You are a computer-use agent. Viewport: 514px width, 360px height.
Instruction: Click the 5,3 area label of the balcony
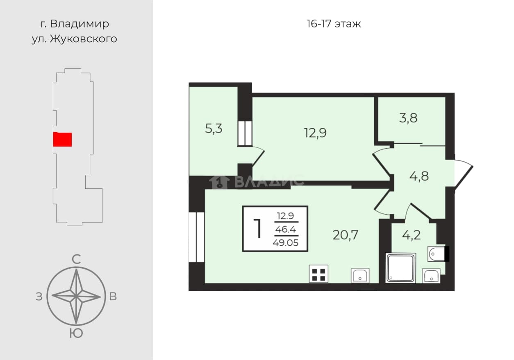(x=214, y=129)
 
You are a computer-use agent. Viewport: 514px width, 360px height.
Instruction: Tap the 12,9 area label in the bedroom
(x=315, y=133)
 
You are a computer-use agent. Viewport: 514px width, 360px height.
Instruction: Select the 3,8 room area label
(x=408, y=118)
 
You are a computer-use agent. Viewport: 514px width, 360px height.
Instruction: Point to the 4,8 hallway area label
(x=419, y=177)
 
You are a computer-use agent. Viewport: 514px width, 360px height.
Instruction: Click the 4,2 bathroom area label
(x=412, y=235)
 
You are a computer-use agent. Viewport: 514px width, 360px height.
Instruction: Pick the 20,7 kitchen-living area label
(x=346, y=235)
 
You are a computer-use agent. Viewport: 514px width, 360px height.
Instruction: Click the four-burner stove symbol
(x=318, y=274)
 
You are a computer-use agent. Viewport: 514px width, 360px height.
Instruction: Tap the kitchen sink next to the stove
(x=360, y=275)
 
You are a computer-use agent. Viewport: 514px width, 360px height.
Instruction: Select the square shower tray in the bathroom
(x=400, y=268)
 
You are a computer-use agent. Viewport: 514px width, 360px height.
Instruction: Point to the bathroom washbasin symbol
(x=431, y=276)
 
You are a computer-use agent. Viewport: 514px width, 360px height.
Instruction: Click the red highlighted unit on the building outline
(x=62, y=139)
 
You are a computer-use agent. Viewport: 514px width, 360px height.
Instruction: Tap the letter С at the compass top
(x=76, y=259)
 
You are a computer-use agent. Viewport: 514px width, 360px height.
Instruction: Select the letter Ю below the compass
(x=76, y=333)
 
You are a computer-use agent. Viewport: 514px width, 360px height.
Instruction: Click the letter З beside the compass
(x=39, y=297)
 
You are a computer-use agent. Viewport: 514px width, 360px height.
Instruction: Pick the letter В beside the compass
(x=113, y=297)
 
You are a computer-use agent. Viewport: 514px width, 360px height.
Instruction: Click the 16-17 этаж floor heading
(x=334, y=24)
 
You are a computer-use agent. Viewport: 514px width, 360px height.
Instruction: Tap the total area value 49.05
(x=285, y=242)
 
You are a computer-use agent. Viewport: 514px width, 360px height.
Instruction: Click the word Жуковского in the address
(x=84, y=39)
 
